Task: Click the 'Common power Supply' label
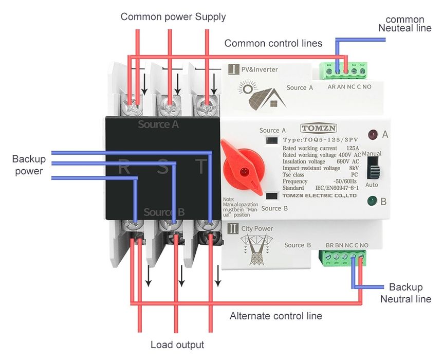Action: click(173, 17)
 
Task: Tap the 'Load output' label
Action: click(177, 345)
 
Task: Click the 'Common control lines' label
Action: click(273, 44)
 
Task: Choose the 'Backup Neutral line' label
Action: click(405, 293)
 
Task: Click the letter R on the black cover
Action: click(124, 167)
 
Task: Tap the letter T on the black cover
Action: click(202, 167)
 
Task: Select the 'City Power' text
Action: click(257, 228)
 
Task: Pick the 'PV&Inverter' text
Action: click(260, 69)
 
